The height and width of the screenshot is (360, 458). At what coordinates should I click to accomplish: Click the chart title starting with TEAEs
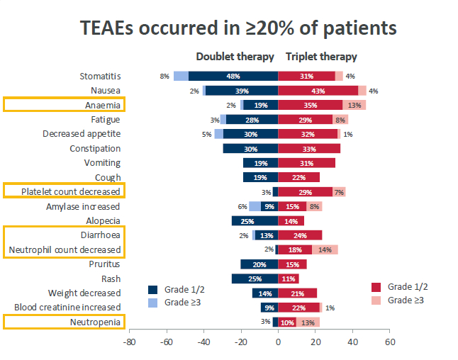pos(238,28)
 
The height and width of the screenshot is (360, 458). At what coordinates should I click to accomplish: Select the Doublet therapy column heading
pos(235,57)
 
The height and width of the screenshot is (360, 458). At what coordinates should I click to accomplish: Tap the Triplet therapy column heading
pos(321,57)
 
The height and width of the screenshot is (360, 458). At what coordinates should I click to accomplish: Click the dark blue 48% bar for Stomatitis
pos(233,76)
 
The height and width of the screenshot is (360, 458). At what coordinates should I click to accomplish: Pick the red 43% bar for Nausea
pos(318,91)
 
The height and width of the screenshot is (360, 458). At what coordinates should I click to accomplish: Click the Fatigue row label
pos(105,120)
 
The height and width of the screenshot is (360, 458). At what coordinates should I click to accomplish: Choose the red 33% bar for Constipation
pos(309,149)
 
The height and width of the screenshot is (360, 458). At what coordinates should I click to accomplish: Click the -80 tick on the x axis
pos(129,342)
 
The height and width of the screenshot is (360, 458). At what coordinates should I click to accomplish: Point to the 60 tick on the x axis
pos(389,342)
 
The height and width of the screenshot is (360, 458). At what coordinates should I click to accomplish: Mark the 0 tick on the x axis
pos(278,342)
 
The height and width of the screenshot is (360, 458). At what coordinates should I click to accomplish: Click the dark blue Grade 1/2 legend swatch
pos(153,289)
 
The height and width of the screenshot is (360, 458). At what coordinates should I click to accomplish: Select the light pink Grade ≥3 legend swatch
pos(376,300)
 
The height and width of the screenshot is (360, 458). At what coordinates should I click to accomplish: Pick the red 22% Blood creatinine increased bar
pos(298,308)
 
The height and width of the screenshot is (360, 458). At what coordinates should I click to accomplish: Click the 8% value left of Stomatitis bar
pos(164,77)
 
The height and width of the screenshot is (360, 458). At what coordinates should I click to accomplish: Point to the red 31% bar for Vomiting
pos(306,163)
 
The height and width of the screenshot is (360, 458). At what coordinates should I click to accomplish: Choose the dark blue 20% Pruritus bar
pos(259,264)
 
